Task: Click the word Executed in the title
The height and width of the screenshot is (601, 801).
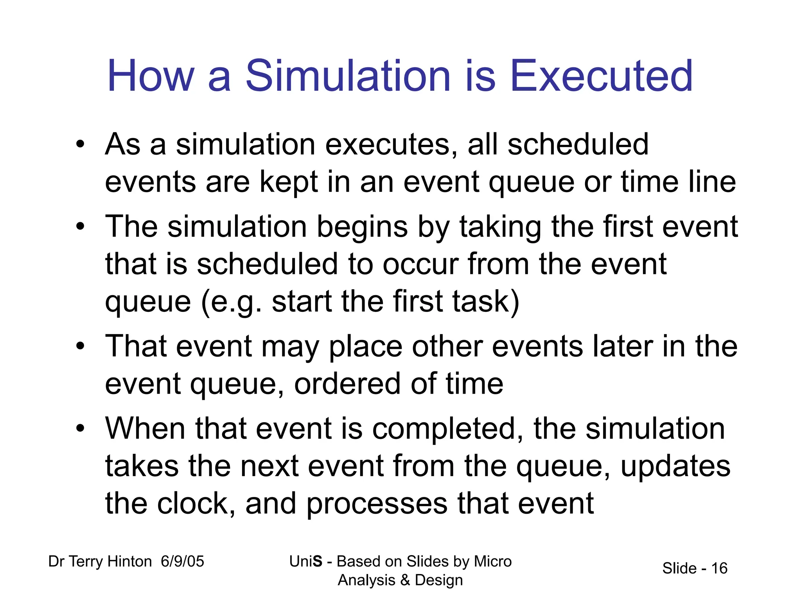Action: (602, 76)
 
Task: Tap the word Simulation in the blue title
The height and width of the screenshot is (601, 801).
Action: (348, 76)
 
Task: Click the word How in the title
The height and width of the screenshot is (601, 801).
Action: (151, 76)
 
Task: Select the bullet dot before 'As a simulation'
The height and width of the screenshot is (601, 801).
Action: (81, 145)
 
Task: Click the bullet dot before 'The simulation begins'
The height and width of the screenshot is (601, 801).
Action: (81, 227)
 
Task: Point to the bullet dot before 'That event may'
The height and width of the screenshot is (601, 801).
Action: (81, 347)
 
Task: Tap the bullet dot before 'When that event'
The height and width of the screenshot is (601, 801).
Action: (81, 429)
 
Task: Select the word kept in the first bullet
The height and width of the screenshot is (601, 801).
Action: (289, 182)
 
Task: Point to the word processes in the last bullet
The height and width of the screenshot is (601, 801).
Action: (376, 504)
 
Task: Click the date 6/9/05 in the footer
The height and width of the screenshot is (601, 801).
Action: (182, 561)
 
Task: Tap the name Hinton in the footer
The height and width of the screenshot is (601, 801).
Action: (129, 561)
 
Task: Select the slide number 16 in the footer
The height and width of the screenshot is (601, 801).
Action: (719, 569)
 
